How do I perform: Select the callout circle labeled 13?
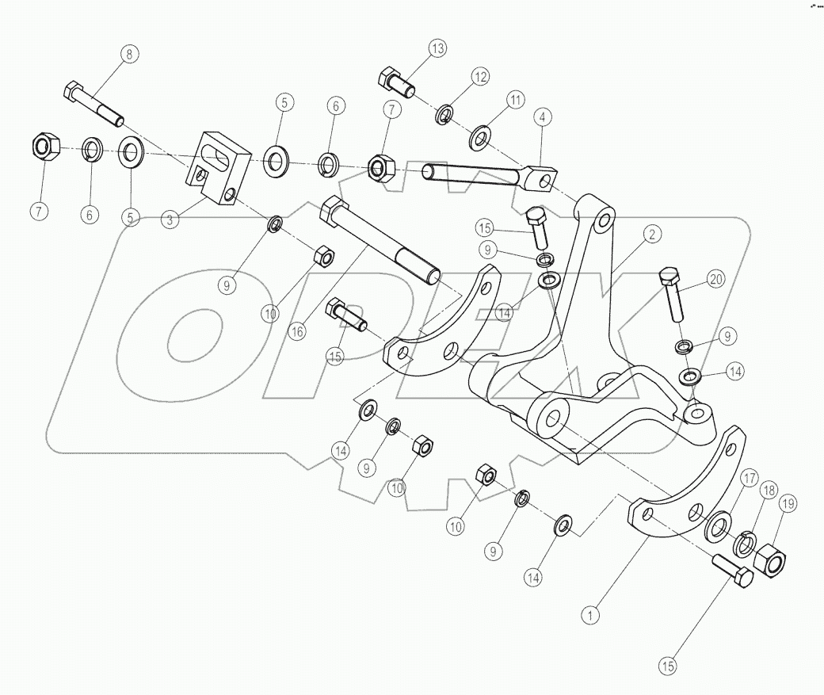pyautogui.click(x=438, y=48)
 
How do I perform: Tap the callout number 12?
pyautogui.click(x=480, y=77)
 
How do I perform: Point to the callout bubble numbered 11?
pyautogui.click(x=516, y=101)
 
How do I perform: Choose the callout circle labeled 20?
pyautogui.click(x=715, y=279)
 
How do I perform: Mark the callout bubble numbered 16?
pyautogui.click(x=296, y=332)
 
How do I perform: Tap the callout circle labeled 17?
pyautogui.click(x=749, y=478)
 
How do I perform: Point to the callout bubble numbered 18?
pyautogui.click(x=769, y=491)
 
